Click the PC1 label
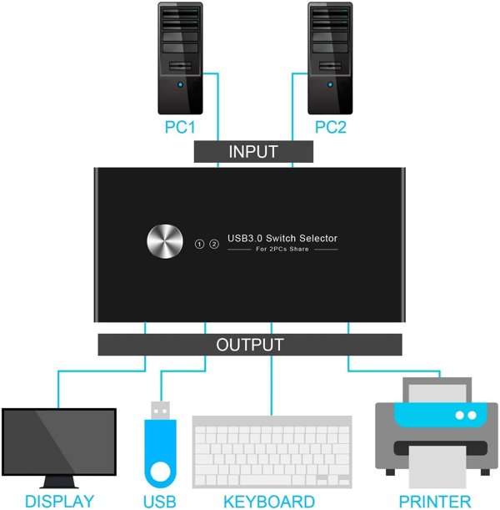180,127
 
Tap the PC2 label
331,127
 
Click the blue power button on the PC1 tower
180,84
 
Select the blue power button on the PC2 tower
330,84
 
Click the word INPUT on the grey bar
253,152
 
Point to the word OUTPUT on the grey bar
250,345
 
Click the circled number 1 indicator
199,244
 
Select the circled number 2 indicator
214,244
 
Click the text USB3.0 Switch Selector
282,239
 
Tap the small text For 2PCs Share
282,249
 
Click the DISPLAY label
59,501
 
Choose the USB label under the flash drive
160,502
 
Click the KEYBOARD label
269,502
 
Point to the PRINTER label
435,502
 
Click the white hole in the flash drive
160,472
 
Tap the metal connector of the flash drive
160,411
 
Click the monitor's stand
59,482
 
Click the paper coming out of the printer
437,467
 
